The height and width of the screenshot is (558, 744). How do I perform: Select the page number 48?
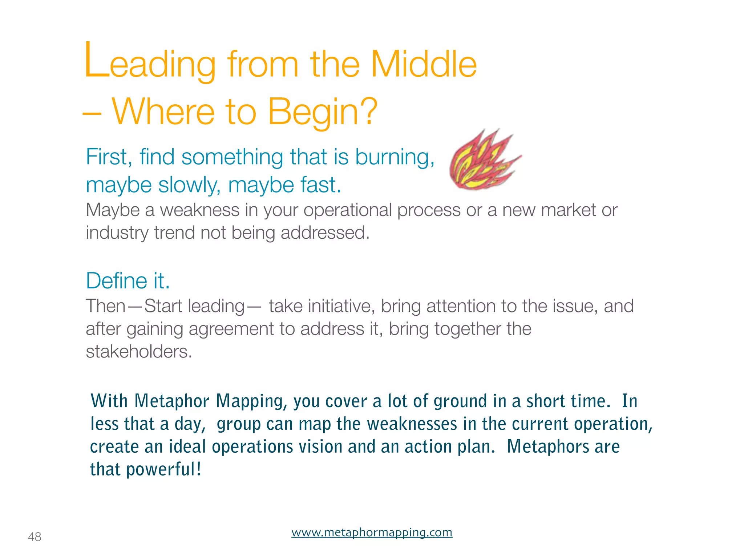[35, 537]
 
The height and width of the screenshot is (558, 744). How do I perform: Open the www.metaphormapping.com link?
[372, 533]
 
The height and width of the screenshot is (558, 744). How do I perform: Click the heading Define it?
[128, 281]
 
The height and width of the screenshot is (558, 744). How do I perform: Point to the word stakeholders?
[139, 352]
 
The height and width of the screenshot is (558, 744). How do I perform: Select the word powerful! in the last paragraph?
[164, 469]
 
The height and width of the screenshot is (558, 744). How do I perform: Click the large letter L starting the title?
[96, 60]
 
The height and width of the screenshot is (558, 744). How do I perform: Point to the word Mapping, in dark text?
[251, 401]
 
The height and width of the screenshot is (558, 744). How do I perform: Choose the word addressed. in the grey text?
[325, 233]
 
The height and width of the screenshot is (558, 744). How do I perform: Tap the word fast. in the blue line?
[321, 185]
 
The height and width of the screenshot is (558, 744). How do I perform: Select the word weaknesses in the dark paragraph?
[412, 424]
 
